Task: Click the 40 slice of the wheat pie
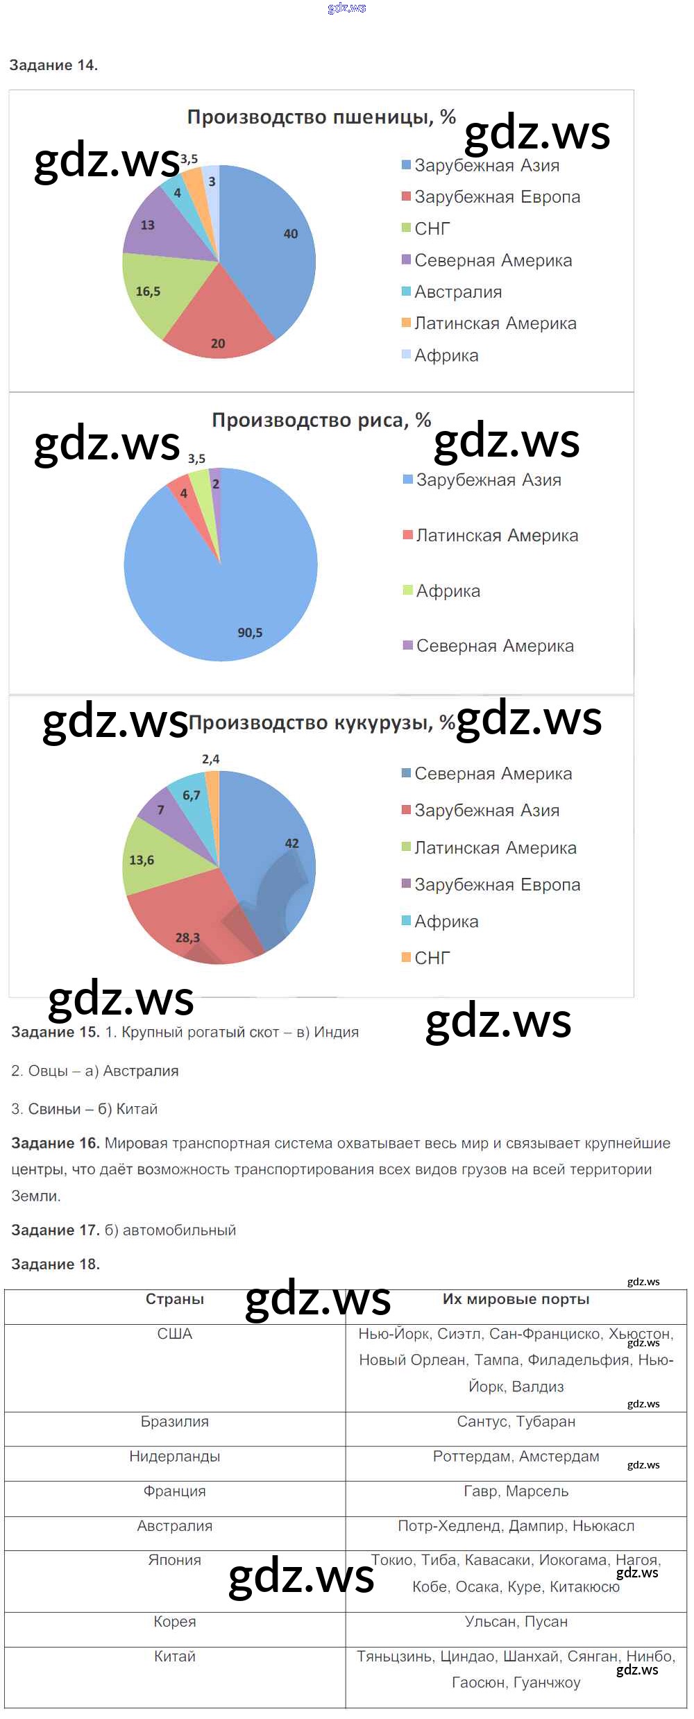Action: [x=278, y=243]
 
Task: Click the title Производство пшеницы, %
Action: [x=321, y=117]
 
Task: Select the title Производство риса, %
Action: [x=321, y=421]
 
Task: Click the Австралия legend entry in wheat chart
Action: [x=457, y=292]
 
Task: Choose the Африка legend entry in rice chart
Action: [x=448, y=591]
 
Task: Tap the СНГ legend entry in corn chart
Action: [x=432, y=958]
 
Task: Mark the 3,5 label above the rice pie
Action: [x=196, y=459]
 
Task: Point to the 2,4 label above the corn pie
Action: [x=210, y=759]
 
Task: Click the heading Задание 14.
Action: [x=53, y=65]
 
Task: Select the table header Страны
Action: [x=174, y=1299]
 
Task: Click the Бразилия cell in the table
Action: [x=174, y=1422]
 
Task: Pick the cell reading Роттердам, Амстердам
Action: [x=516, y=1457]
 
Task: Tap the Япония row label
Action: [x=174, y=1560]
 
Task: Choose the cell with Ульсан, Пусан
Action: [x=516, y=1622]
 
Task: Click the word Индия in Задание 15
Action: [x=336, y=1032]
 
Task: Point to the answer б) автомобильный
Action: [x=170, y=1230]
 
